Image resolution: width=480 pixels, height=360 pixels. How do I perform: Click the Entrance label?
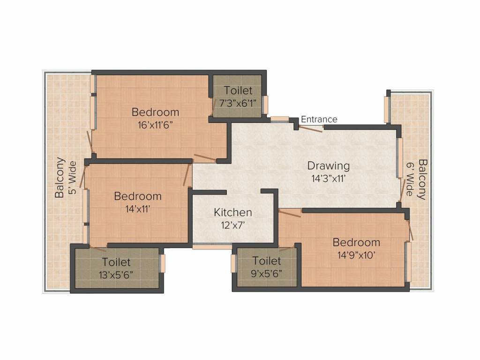click(x=319, y=120)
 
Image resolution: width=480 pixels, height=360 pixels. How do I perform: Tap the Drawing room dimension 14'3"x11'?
click(x=329, y=178)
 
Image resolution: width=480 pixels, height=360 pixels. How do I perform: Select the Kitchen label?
click(x=233, y=212)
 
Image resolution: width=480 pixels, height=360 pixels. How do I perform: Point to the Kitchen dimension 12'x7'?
click(x=233, y=225)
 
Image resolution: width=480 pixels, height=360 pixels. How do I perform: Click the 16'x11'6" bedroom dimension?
click(x=155, y=125)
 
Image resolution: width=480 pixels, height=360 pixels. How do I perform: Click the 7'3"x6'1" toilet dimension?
click(x=238, y=103)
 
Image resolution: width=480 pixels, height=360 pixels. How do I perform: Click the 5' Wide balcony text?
click(x=72, y=178)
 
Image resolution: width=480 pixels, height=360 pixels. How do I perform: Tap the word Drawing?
click(x=329, y=166)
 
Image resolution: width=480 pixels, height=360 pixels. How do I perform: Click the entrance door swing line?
click(x=311, y=128)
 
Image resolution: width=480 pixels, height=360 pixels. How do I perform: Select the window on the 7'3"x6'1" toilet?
click(x=266, y=105)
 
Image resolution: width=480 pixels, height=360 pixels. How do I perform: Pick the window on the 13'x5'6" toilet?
click(x=163, y=263)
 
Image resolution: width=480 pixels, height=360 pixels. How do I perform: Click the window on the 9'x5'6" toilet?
click(x=233, y=263)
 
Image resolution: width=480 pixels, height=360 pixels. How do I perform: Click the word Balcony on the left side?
click(x=60, y=177)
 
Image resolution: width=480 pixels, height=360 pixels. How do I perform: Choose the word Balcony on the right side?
click(x=423, y=180)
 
